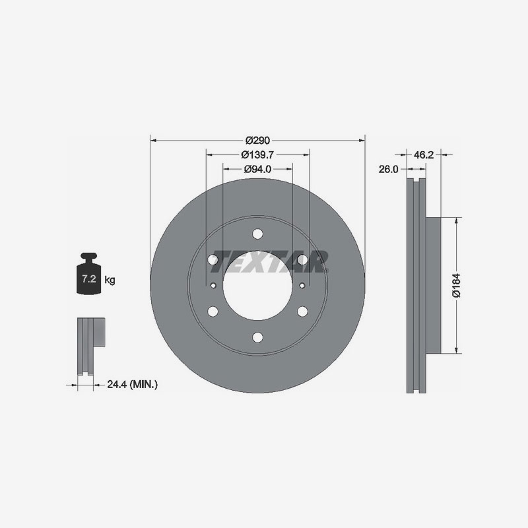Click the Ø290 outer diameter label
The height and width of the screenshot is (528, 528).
(257, 140)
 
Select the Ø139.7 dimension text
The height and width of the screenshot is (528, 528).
(257, 154)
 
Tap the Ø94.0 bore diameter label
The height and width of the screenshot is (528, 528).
(257, 169)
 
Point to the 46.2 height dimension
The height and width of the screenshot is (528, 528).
(424, 155)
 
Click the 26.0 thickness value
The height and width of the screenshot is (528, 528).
(388, 169)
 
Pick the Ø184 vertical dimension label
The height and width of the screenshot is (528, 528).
(457, 286)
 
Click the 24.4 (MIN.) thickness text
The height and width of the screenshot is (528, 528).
(133, 384)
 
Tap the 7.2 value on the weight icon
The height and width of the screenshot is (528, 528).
(89, 279)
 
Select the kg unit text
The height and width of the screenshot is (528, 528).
(110, 280)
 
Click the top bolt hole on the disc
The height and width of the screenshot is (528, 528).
(257, 234)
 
